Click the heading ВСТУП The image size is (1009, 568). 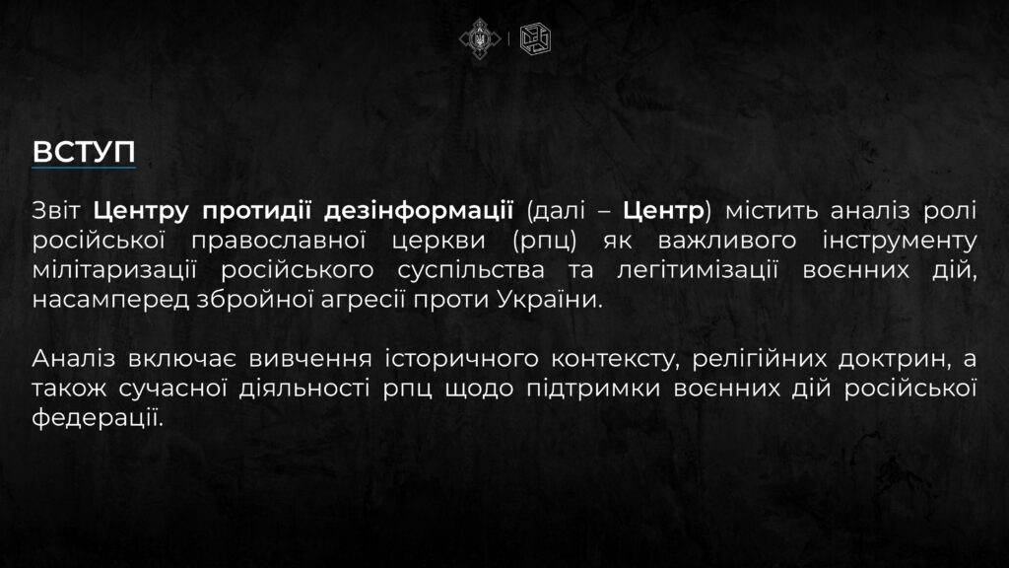point(84,152)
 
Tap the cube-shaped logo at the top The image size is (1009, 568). point(535,38)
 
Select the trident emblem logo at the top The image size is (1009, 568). point(480,38)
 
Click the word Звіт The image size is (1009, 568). point(56,211)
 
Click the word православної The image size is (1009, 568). point(279,241)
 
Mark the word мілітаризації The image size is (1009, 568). point(114,270)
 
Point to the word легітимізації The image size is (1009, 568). point(698,270)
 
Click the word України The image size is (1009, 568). point(550,300)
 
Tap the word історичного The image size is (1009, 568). point(461,359)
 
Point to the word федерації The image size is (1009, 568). point(98,418)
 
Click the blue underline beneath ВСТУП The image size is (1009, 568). point(84,168)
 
